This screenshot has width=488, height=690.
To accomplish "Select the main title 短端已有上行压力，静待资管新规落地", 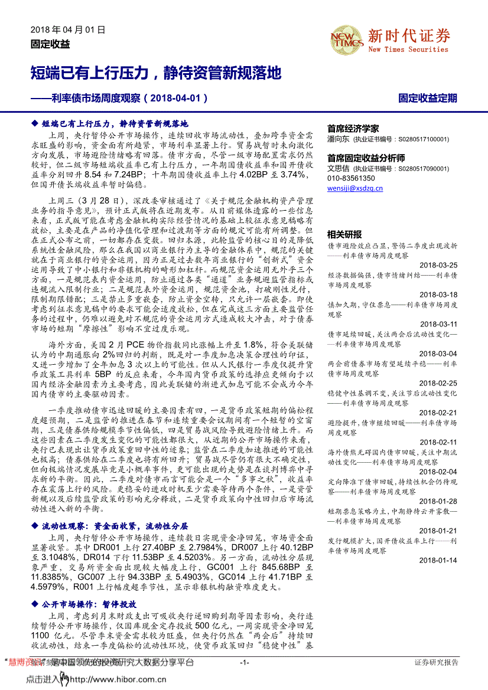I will pyautogui.click(x=155, y=73).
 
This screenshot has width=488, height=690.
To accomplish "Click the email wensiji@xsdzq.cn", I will pyautogui.click(x=354, y=188).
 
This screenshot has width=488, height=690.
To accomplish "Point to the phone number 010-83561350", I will pyautogui.click(x=350, y=178).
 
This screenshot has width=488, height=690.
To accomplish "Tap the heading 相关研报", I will pyautogui.click(x=344, y=234).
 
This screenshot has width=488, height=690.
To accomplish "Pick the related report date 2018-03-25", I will pyautogui.click(x=438, y=265).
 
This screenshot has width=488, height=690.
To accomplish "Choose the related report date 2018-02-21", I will pyautogui.click(x=438, y=412).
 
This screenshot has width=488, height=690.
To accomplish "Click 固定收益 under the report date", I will pyautogui.click(x=50, y=44).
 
